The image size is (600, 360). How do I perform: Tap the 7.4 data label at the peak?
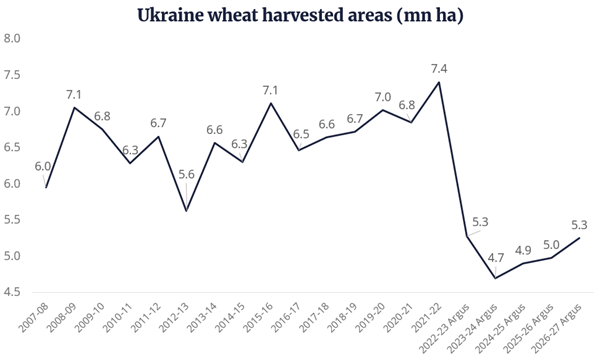(438, 67)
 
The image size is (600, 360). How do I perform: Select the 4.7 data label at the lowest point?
(495, 258)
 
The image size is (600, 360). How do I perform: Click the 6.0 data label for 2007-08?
(44, 168)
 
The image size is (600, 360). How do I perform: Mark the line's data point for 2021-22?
(439, 82)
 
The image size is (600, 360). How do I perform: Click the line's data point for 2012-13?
(187, 211)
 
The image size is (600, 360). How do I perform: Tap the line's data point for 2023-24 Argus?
(496, 278)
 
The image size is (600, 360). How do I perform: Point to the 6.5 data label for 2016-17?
(299, 134)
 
